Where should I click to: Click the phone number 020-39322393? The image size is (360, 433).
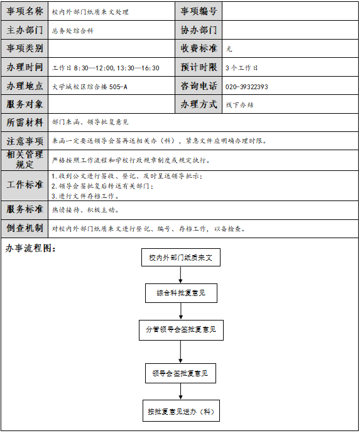[246, 87]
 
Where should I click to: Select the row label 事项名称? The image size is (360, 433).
[25, 11]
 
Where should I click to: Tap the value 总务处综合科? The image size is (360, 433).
[73, 31]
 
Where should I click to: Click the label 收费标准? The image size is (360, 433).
[199, 48]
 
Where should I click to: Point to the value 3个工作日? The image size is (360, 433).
[241, 68]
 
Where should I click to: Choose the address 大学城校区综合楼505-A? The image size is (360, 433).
[90, 87]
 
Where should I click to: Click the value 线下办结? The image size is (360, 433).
[239, 105]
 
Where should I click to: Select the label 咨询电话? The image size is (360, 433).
[199, 86]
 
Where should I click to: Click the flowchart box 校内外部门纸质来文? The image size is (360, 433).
[181, 258]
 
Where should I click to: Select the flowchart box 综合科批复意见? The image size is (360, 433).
[181, 293]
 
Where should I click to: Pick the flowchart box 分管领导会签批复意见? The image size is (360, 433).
[181, 330]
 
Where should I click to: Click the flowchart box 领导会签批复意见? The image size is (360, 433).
[180, 373]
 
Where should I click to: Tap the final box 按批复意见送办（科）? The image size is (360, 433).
[181, 411]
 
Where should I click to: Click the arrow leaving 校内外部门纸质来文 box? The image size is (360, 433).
[180, 275]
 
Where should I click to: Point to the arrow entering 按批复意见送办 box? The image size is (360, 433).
[180, 392]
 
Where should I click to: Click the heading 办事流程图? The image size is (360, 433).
[31, 248]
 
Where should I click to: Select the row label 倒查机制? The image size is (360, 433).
[25, 228]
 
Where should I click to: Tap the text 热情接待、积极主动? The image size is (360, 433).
[85, 210]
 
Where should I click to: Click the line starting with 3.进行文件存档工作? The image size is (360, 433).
[85, 196]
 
